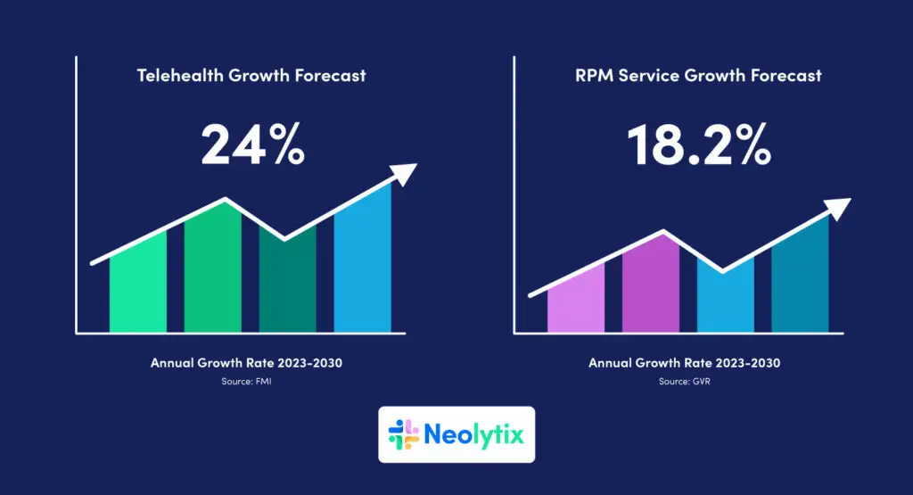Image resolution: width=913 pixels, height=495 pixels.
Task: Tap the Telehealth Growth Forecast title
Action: [251, 76]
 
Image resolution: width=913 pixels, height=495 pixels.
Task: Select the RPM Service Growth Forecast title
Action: [698, 76]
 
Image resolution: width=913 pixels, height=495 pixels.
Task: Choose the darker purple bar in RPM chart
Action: [650, 285]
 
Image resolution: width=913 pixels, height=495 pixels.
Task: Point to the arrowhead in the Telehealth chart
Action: [406, 173]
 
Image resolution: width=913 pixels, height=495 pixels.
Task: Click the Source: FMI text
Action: [247, 382]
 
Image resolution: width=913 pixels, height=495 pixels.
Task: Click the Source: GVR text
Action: [685, 382]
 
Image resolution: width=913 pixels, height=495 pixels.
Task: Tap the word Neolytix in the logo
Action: [474, 435]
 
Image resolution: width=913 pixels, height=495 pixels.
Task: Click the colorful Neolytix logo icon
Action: [404, 434]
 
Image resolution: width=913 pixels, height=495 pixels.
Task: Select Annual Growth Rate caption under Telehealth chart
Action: [247, 364]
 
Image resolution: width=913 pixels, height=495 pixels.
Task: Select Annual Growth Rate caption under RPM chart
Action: [685, 364]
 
